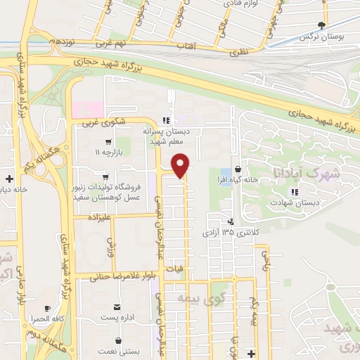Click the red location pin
[181, 165]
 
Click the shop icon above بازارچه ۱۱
[108, 141]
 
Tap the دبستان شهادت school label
[293, 202]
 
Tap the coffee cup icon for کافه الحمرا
[47, 308]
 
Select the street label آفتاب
[203, 46]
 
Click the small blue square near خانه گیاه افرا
[225, 172]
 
